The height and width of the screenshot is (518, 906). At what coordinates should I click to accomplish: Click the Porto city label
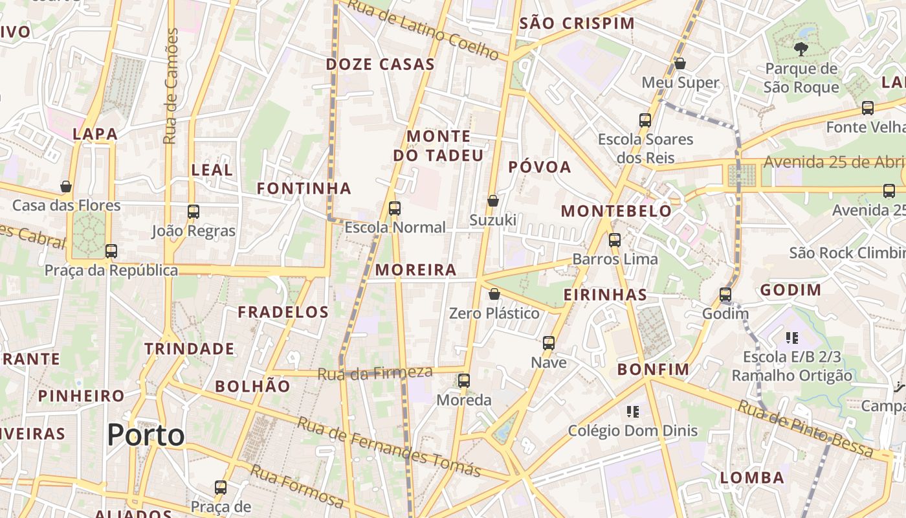click(x=146, y=435)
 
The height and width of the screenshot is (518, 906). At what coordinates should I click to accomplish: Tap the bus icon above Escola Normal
click(x=395, y=208)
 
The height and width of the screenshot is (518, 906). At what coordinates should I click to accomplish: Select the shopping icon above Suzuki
click(x=493, y=201)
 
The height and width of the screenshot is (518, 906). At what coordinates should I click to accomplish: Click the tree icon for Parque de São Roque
click(x=801, y=49)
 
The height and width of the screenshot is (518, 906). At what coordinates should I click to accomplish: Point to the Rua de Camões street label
click(x=170, y=86)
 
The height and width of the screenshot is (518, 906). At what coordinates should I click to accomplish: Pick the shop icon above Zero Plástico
click(x=494, y=294)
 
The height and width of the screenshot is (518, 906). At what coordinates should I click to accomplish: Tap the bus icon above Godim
click(x=725, y=295)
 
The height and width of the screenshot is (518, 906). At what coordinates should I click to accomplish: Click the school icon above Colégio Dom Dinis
click(x=633, y=411)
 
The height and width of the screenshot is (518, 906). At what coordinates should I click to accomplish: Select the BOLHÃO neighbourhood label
click(x=252, y=387)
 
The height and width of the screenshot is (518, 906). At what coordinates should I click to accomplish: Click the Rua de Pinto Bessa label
click(x=805, y=429)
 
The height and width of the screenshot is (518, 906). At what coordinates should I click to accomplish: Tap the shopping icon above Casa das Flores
click(x=66, y=186)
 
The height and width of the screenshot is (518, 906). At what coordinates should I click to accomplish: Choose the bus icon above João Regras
click(x=193, y=211)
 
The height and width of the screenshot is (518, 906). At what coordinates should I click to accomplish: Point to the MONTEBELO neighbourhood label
click(x=616, y=211)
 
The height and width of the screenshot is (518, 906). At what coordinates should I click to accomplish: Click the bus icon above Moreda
click(x=464, y=381)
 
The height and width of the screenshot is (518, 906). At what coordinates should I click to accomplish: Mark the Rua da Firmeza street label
click(x=375, y=373)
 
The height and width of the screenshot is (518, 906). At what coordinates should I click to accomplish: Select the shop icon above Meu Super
click(x=680, y=63)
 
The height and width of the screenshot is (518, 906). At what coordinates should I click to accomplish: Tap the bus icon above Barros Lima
click(x=615, y=240)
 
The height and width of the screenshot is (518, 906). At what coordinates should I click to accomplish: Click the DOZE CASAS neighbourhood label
click(x=380, y=64)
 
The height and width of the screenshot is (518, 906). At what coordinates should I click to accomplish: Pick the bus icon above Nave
click(x=549, y=343)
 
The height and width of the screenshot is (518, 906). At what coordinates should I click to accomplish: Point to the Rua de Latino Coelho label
click(x=425, y=30)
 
